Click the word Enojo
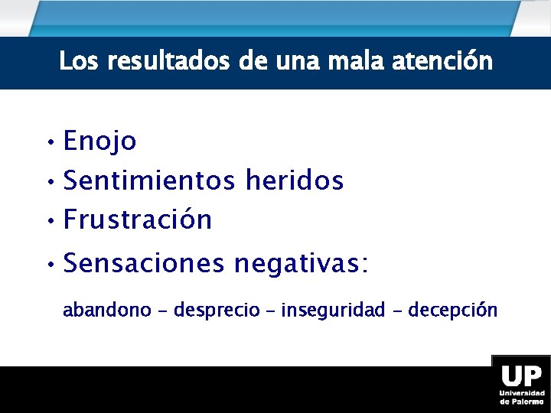(x=99, y=141)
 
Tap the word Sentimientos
(x=150, y=181)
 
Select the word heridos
(x=295, y=181)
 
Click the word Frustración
(x=138, y=220)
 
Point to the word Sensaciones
(x=144, y=264)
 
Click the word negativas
(x=301, y=264)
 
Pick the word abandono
(x=106, y=310)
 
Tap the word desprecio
(x=217, y=311)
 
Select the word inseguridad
(x=333, y=310)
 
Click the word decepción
(x=452, y=310)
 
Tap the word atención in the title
(x=442, y=60)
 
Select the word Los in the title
(x=80, y=60)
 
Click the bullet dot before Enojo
(x=48, y=143)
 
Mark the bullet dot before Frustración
(x=48, y=222)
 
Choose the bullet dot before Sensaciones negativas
(x=48, y=265)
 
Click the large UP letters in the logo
(x=521, y=377)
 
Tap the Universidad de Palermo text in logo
(x=521, y=397)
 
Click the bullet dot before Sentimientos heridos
(x=48, y=183)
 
